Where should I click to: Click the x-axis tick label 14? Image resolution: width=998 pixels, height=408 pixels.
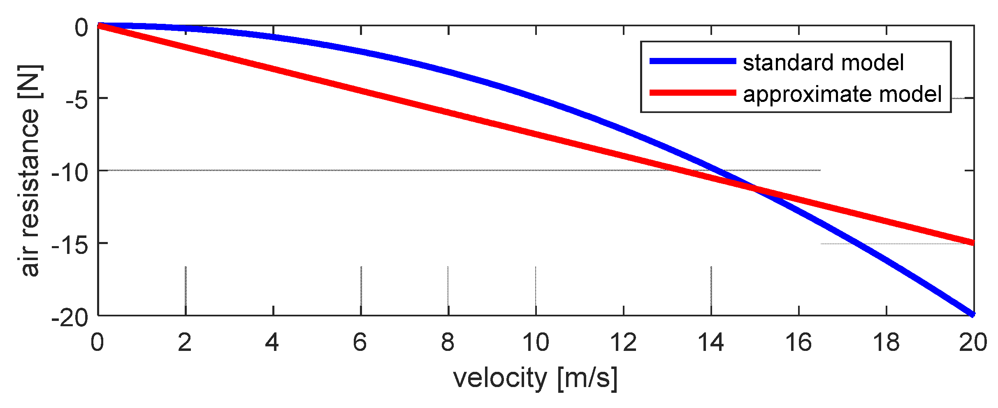click(x=711, y=342)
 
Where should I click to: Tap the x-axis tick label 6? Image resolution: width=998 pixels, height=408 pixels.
click(x=360, y=342)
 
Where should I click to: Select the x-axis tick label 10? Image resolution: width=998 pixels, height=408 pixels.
click(x=536, y=342)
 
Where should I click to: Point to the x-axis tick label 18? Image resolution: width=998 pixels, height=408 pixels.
click(x=886, y=342)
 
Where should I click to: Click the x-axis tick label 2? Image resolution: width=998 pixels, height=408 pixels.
click(x=185, y=342)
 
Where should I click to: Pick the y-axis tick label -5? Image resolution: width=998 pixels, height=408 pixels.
click(x=77, y=100)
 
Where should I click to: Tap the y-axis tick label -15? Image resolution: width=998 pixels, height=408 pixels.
click(x=70, y=245)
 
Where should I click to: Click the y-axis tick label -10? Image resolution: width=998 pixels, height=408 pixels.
click(x=70, y=173)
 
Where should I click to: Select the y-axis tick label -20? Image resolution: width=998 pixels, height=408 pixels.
click(x=70, y=318)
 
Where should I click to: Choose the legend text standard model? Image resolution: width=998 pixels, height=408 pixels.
click(x=823, y=62)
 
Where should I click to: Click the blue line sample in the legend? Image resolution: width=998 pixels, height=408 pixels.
click(x=692, y=61)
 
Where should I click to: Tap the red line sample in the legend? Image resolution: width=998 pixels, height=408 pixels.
click(x=692, y=93)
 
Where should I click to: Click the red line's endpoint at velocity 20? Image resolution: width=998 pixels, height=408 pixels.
click(x=973, y=243)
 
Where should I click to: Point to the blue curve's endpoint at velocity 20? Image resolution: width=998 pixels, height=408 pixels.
click(x=973, y=314)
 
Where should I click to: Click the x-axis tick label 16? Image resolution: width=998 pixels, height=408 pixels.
click(x=798, y=342)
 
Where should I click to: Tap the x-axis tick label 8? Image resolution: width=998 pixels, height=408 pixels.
click(x=448, y=342)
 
